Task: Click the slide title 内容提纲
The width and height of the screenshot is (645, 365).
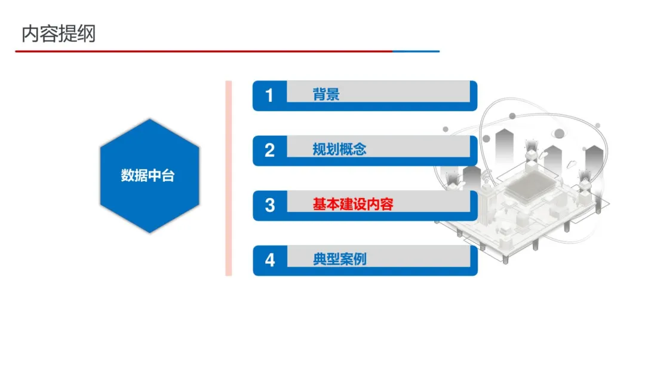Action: coord(58,34)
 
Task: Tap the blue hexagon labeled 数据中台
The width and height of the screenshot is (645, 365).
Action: coord(148,175)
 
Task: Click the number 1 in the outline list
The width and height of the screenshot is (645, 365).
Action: coord(269,95)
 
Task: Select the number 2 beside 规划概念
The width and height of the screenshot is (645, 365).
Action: coord(269,150)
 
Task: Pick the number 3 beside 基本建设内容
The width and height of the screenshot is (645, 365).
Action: coord(269,205)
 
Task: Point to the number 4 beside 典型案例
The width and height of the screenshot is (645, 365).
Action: coord(269,260)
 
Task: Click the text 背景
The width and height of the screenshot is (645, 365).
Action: coord(326,95)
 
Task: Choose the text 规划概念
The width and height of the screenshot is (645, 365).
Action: coord(339,150)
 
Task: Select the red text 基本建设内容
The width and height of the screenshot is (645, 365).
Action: coord(353,205)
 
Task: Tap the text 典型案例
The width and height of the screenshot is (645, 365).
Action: coord(339,260)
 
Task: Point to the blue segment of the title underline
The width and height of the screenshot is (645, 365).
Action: coord(416,51)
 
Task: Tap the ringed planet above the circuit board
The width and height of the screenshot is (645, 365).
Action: coord(558,133)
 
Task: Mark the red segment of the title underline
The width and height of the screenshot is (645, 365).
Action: coord(203,51)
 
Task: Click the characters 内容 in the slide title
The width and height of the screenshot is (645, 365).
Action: coord(39,34)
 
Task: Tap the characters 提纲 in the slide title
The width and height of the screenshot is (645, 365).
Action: coord(76,34)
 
